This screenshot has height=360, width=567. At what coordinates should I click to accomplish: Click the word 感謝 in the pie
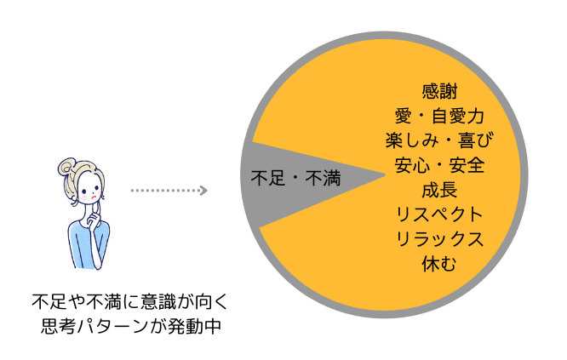[440, 89]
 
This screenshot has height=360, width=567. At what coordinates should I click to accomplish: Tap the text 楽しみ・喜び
[440, 139]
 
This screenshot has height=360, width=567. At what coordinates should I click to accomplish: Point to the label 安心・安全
[440, 163]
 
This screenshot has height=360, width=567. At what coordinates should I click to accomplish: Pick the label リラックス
[440, 238]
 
